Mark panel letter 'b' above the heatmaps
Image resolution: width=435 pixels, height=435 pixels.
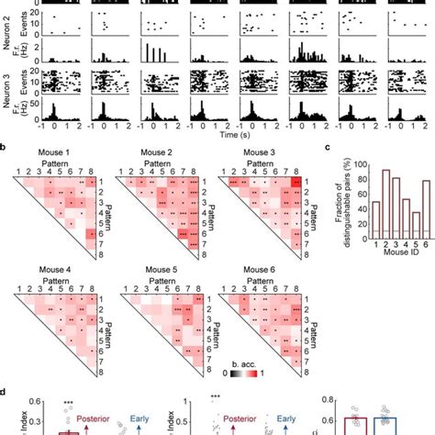pos(6,146)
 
